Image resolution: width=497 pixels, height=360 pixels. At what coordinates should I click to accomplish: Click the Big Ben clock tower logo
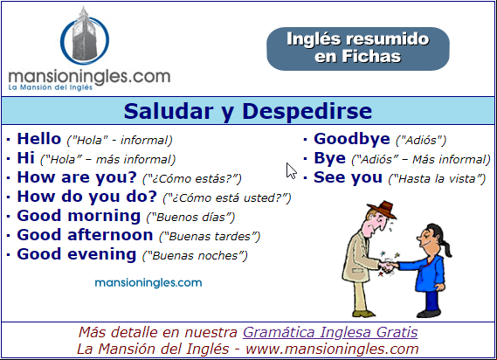pyautogui.click(x=85, y=36)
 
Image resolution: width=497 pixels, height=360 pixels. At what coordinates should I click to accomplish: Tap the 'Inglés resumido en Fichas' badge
pyautogui.click(x=358, y=49)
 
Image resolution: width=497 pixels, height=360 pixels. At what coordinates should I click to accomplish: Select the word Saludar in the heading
pyautogui.click(x=169, y=111)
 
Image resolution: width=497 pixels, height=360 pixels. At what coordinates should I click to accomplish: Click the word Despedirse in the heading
pyautogui.click(x=307, y=111)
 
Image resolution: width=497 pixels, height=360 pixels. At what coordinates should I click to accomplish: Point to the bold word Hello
pyautogui.click(x=39, y=139)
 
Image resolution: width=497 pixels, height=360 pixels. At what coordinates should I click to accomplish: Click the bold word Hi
pyautogui.click(x=25, y=158)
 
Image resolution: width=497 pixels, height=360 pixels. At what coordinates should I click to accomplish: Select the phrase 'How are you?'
pyautogui.click(x=77, y=177)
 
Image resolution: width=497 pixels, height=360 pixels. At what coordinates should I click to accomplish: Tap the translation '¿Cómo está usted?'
pyautogui.click(x=227, y=198)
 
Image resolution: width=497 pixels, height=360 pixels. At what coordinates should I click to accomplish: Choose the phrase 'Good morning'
pyautogui.click(x=79, y=216)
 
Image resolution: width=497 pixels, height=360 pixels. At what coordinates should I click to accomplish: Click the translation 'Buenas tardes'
pyautogui.click(x=210, y=236)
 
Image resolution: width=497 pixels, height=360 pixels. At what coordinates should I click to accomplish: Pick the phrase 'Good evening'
pyautogui.click(x=77, y=254)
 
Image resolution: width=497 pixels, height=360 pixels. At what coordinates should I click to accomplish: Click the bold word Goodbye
pyautogui.click(x=352, y=139)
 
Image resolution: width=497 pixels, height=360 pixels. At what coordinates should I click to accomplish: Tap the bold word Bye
pyautogui.click(x=329, y=158)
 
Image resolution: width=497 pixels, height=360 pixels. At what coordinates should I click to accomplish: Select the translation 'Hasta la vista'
pyautogui.click(x=437, y=178)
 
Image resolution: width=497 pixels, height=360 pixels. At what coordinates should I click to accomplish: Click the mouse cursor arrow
pyautogui.click(x=290, y=170)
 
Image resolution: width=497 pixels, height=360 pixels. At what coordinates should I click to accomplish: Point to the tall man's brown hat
pyautogui.click(x=383, y=210)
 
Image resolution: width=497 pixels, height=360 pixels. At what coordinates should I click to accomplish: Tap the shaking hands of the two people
pyautogui.click(x=389, y=267)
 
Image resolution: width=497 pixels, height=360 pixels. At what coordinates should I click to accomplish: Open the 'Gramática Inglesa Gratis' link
pyautogui.click(x=330, y=332)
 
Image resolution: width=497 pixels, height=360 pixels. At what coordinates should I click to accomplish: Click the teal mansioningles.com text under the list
pyautogui.click(x=148, y=282)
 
